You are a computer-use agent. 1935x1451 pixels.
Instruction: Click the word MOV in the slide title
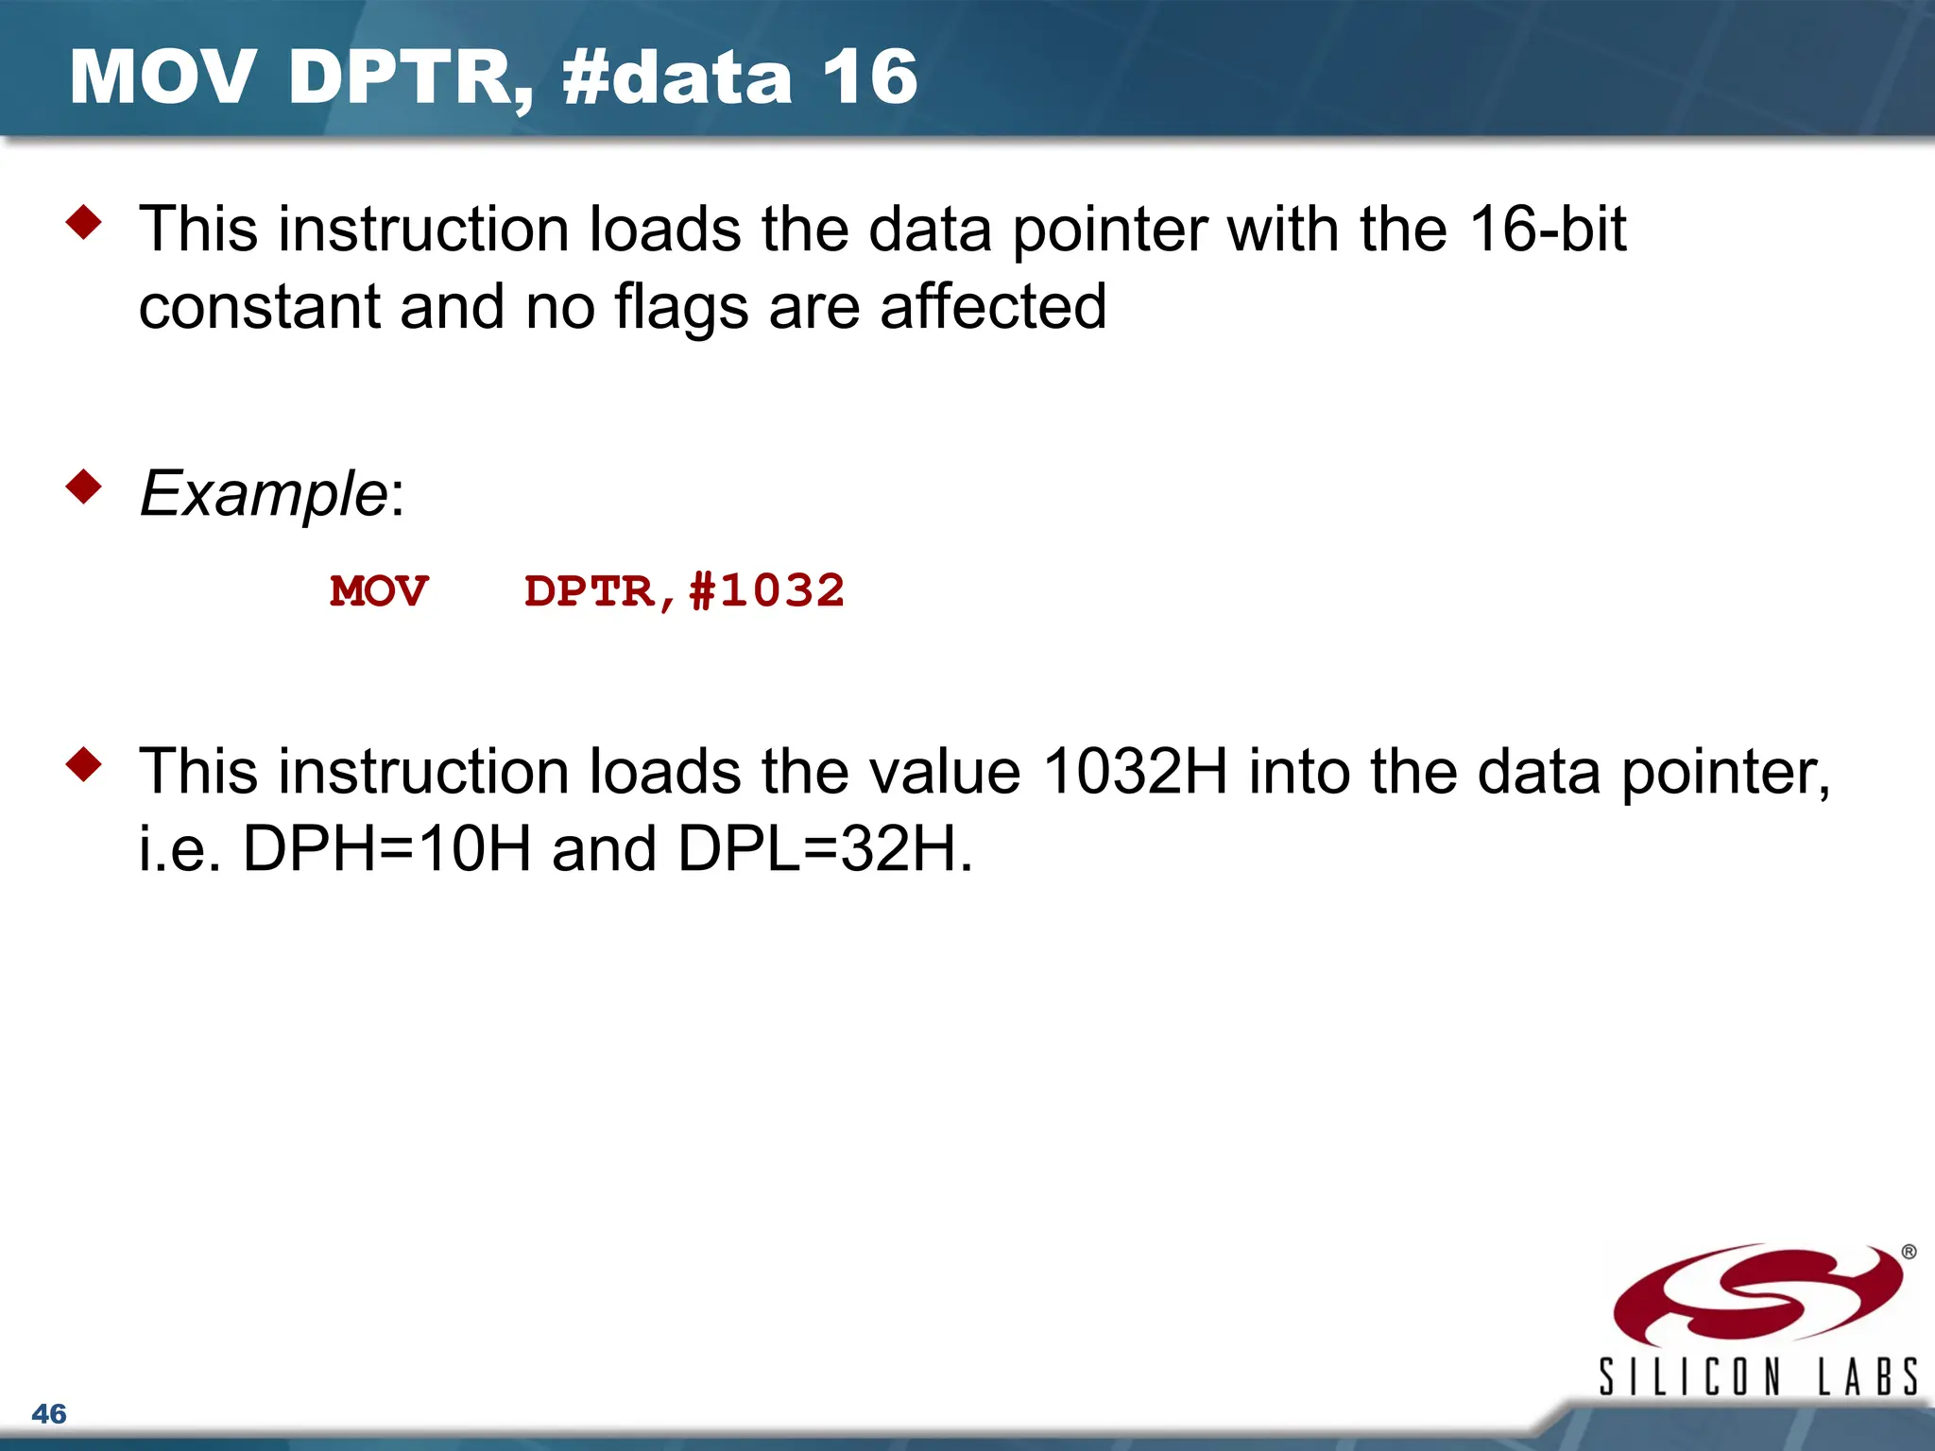(162, 77)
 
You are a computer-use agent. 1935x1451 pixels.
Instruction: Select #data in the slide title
(676, 77)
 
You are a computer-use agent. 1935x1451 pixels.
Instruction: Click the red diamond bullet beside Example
(84, 487)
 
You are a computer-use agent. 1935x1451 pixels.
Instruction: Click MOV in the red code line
(379, 592)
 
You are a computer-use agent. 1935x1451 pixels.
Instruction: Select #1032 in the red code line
(767, 592)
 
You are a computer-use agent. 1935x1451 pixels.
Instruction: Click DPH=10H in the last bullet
(387, 848)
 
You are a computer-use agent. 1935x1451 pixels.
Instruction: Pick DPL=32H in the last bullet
(825, 848)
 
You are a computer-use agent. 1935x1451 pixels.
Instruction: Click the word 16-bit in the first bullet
(1549, 230)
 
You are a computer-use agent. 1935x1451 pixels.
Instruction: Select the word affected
(993, 306)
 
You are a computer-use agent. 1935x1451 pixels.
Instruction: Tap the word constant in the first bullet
(259, 308)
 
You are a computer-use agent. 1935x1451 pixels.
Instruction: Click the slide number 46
(49, 1414)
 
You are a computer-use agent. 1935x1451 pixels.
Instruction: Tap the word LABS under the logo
(1868, 1376)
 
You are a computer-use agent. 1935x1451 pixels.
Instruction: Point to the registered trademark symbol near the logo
(1909, 1253)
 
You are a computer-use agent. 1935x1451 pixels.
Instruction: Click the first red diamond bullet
(84, 223)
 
